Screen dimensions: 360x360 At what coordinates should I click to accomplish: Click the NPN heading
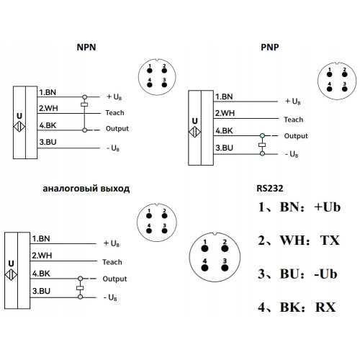coord(86,48)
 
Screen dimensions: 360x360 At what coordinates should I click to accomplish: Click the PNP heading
coord(270,48)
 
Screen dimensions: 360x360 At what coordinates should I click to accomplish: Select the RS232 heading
coord(270,189)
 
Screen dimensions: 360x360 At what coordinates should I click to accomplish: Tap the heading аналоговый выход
coord(86,189)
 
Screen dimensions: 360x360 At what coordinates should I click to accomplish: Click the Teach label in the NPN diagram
coord(114,112)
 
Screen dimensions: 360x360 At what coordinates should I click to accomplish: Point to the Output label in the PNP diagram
coord(296,136)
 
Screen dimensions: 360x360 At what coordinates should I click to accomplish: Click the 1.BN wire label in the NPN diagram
coord(48,92)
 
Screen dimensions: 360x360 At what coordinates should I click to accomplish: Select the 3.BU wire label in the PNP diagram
coord(224,148)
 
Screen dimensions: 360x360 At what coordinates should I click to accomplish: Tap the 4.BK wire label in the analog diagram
coord(41,274)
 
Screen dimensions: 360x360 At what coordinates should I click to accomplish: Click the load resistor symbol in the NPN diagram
coord(84,104)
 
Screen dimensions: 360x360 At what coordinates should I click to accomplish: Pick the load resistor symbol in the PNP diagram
coord(262,145)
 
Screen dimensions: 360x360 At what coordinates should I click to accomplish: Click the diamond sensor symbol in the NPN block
coord(19,127)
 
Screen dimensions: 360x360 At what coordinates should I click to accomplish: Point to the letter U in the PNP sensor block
coord(194,121)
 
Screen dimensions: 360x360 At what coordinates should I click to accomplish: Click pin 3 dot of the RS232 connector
coord(225,268)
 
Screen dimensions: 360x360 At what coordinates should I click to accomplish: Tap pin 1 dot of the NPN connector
coord(150,71)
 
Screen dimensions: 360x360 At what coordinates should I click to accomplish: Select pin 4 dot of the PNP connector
coord(329,89)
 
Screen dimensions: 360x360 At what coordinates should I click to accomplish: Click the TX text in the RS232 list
coord(330,240)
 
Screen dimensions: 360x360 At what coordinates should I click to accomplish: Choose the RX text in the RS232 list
coord(325,307)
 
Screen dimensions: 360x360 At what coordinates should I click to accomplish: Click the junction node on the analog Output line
coord(81,279)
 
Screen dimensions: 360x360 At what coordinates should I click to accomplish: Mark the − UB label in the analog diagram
coord(110,297)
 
